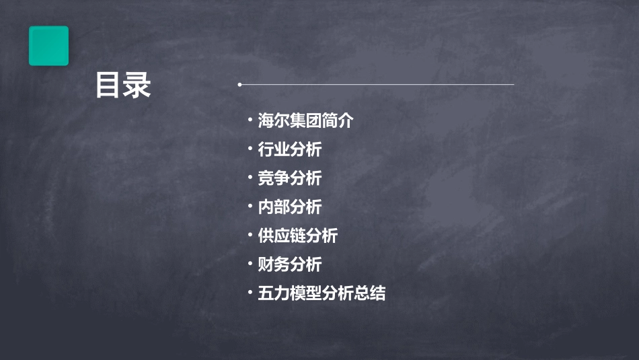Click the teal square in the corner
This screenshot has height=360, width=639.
point(48,46)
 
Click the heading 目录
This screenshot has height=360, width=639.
point(123,86)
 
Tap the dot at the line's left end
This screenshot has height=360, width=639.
point(239,85)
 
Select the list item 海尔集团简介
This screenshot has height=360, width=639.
point(305,121)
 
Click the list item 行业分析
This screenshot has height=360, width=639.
point(290,149)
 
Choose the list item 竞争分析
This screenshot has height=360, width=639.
point(290,178)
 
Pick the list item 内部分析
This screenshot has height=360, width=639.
point(290,207)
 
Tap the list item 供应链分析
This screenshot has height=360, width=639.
point(298,236)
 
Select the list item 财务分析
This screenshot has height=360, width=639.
point(290,264)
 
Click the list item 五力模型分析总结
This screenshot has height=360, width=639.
point(322,293)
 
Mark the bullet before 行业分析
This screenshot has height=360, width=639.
point(250,149)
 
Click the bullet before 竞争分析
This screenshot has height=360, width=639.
point(250,178)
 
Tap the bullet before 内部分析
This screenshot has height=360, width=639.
point(250,207)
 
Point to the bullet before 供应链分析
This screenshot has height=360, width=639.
point(250,235)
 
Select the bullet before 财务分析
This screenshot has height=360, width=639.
point(250,264)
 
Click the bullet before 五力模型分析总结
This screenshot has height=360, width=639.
point(250,293)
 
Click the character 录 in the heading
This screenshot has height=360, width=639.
point(137,86)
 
